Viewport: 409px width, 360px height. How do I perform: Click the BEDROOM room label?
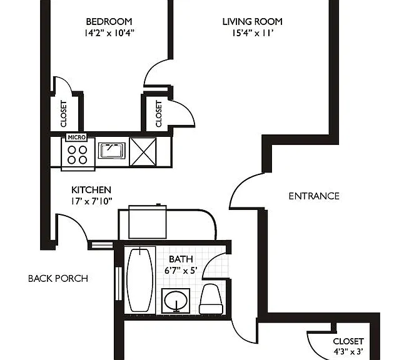pos(109,22)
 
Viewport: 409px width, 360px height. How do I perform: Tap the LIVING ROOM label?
pos(253,22)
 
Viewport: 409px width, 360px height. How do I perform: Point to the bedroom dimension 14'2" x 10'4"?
pos(109,33)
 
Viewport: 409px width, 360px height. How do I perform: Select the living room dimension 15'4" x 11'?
pos(253,33)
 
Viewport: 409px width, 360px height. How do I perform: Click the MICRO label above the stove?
pos(76,137)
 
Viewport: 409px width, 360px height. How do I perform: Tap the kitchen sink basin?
pos(112,151)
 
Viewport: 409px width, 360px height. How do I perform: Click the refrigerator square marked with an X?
pos(143,152)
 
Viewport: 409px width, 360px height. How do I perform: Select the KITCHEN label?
pos(91,190)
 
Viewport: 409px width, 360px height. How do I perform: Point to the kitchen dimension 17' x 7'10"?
pos(91,201)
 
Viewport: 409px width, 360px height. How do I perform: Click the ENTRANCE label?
pos(314,196)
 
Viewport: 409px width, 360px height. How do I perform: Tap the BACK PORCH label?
pos(58,278)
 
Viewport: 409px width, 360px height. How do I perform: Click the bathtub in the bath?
pos(140,280)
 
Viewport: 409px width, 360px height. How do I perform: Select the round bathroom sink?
pos(176,300)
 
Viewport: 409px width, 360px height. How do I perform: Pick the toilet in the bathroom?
pos(211,299)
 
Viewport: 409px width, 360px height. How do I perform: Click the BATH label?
pos(181,259)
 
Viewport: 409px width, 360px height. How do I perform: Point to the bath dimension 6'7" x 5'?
pos(181,271)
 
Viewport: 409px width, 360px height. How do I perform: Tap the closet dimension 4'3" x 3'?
pos(348,352)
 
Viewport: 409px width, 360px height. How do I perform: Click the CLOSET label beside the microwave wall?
pos(64,114)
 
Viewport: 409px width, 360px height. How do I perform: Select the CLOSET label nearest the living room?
pos(159,114)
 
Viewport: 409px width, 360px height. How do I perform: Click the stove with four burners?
pos(78,154)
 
